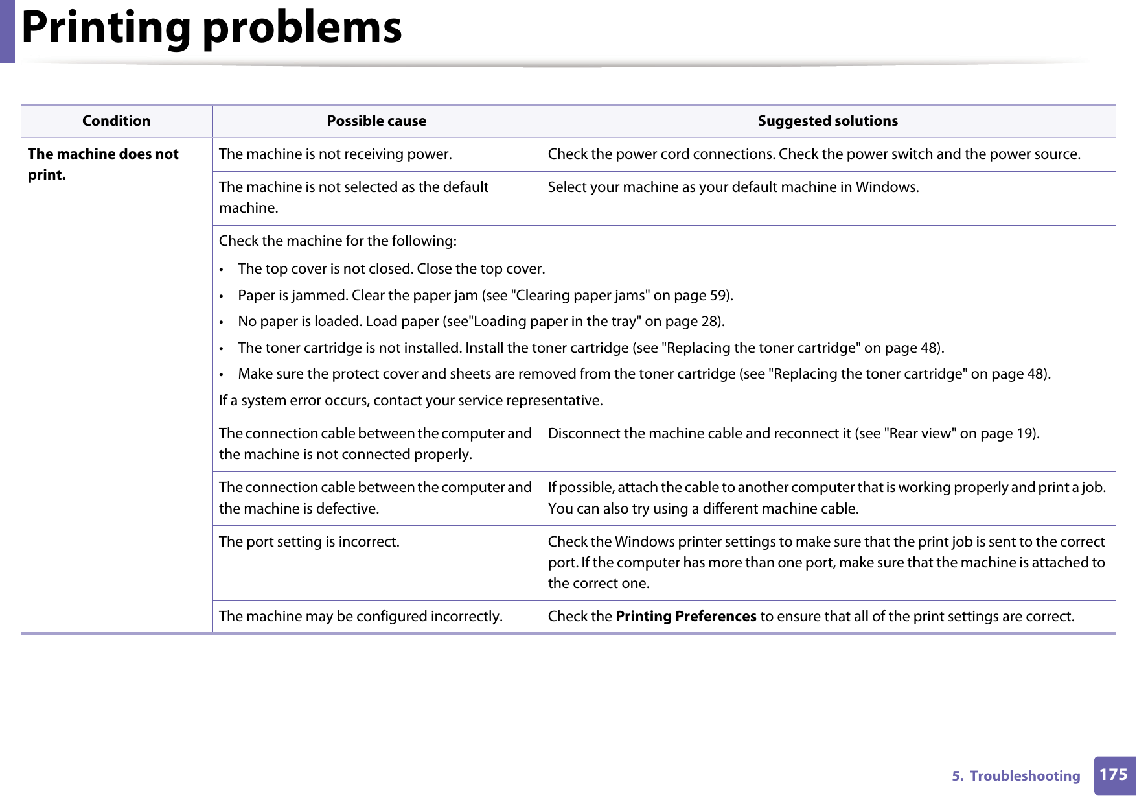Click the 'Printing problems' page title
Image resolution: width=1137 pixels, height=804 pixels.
[x=211, y=29]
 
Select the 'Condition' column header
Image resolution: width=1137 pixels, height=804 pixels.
[x=116, y=121]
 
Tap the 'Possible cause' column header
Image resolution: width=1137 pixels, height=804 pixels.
[x=376, y=121]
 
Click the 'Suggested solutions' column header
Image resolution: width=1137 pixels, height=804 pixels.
[x=827, y=121]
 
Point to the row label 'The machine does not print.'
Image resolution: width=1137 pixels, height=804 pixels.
[x=103, y=164]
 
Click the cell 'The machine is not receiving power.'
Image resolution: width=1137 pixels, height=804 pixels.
[x=335, y=154]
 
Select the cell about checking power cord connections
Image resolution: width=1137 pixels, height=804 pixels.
[x=814, y=154]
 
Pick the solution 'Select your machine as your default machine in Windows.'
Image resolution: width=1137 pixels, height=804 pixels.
[x=733, y=187]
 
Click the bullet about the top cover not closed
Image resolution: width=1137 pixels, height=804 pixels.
[x=391, y=269]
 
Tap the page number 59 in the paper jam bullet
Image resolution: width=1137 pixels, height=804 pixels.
[x=718, y=296]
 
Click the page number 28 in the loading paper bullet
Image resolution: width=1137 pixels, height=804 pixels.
[x=710, y=322]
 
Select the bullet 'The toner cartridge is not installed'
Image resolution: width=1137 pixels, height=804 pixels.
[x=590, y=348]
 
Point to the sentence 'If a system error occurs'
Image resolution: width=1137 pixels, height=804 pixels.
[x=410, y=401]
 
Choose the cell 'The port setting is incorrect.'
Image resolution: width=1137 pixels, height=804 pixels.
[x=309, y=542]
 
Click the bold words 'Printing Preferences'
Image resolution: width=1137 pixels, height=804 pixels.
[x=685, y=617]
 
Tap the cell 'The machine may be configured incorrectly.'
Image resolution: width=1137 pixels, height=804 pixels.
[x=360, y=617]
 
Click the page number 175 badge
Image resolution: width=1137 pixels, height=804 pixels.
[x=1113, y=775]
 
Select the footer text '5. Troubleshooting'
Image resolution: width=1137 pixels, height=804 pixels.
[x=1015, y=776]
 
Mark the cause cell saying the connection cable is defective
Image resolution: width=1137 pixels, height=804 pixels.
[x=375, y=498]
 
